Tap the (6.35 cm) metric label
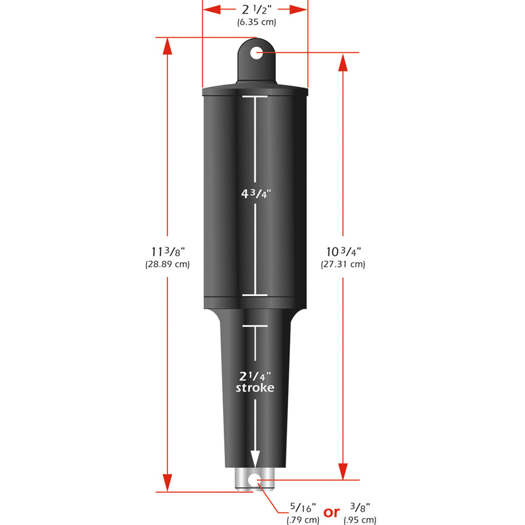(x=256, y=22)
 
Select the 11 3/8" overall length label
(x=167, y=252)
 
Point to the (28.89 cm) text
(x=167, y=264)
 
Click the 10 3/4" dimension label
(x=344, y=252)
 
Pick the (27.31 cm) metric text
(x=343, y=264)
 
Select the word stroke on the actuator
(x=254, y=388)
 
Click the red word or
(x=331, y=513)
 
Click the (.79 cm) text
(x=302, y=519)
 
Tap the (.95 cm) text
(x=360, y=519)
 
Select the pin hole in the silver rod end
(x=254, y=480)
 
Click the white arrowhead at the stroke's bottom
(x=254, y=459)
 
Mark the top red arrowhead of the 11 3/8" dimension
(x=167, y=47)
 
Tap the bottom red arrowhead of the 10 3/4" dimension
(x=344, y=471)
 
